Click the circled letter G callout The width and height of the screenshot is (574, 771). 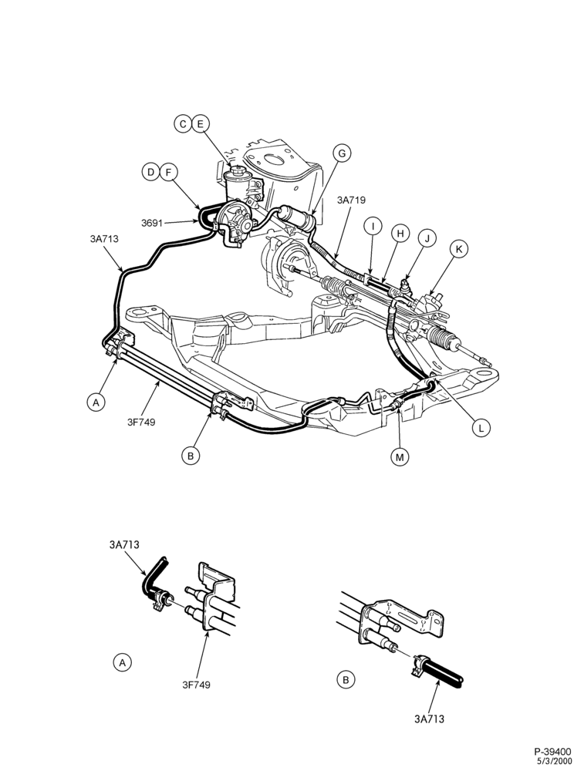click(341, 153)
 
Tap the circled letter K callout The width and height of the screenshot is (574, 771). click(459, 249)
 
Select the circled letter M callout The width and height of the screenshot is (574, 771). click(400, 457)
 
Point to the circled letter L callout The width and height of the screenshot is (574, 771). click(481, 428)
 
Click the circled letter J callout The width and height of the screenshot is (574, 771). click(427, 238)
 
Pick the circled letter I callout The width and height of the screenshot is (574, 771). click(373, 227)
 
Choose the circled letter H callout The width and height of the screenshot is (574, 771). click(400, 233)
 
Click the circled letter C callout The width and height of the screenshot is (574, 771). click(183, 124)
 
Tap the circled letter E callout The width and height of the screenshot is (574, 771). click(200, 124)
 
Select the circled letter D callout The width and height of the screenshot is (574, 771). click(151, 172)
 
